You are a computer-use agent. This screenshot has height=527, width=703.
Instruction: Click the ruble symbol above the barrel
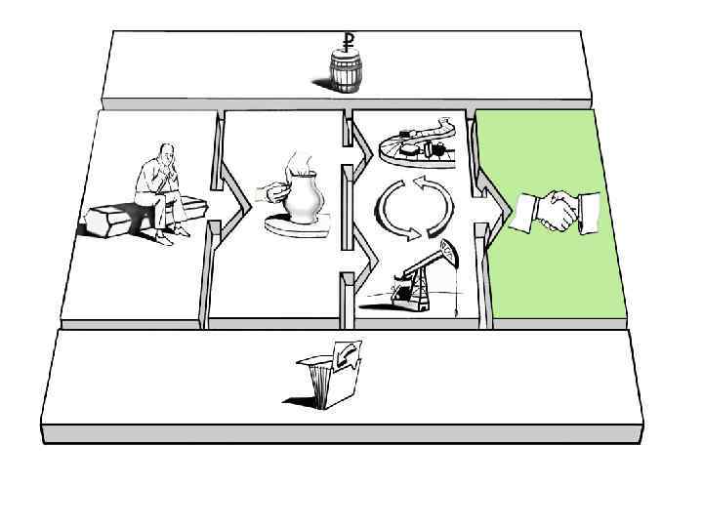(348, 40)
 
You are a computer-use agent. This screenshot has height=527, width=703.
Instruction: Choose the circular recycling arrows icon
(416, 207)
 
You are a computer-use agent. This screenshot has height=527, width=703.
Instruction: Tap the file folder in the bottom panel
(327, 376)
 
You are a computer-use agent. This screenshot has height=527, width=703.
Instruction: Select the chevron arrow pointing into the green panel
(492, 206)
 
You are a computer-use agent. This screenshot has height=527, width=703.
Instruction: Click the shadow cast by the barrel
(322, 86)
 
